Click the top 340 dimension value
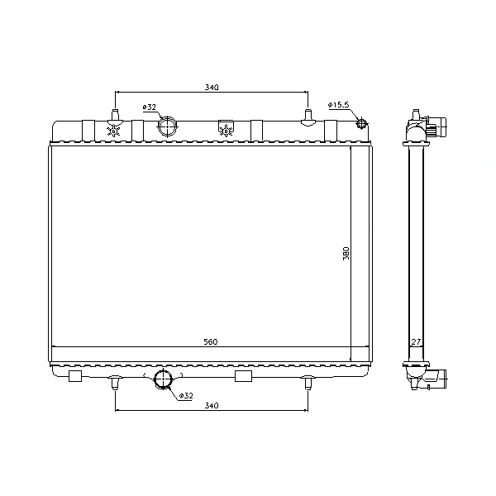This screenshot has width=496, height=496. coord(212,87)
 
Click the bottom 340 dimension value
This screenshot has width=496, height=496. coord(212,405)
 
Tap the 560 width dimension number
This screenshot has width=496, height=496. coord(211,341)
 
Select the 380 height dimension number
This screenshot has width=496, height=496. coord(346,254)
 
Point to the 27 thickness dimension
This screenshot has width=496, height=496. coord(416,342)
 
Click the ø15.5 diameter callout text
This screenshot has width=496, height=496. coord(338,105)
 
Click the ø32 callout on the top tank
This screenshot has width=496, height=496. coord(150,107)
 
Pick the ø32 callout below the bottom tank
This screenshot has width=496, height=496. coord(186,395)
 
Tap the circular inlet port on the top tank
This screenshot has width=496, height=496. coord(167,126)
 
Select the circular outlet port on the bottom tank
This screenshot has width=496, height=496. coord(163,379)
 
